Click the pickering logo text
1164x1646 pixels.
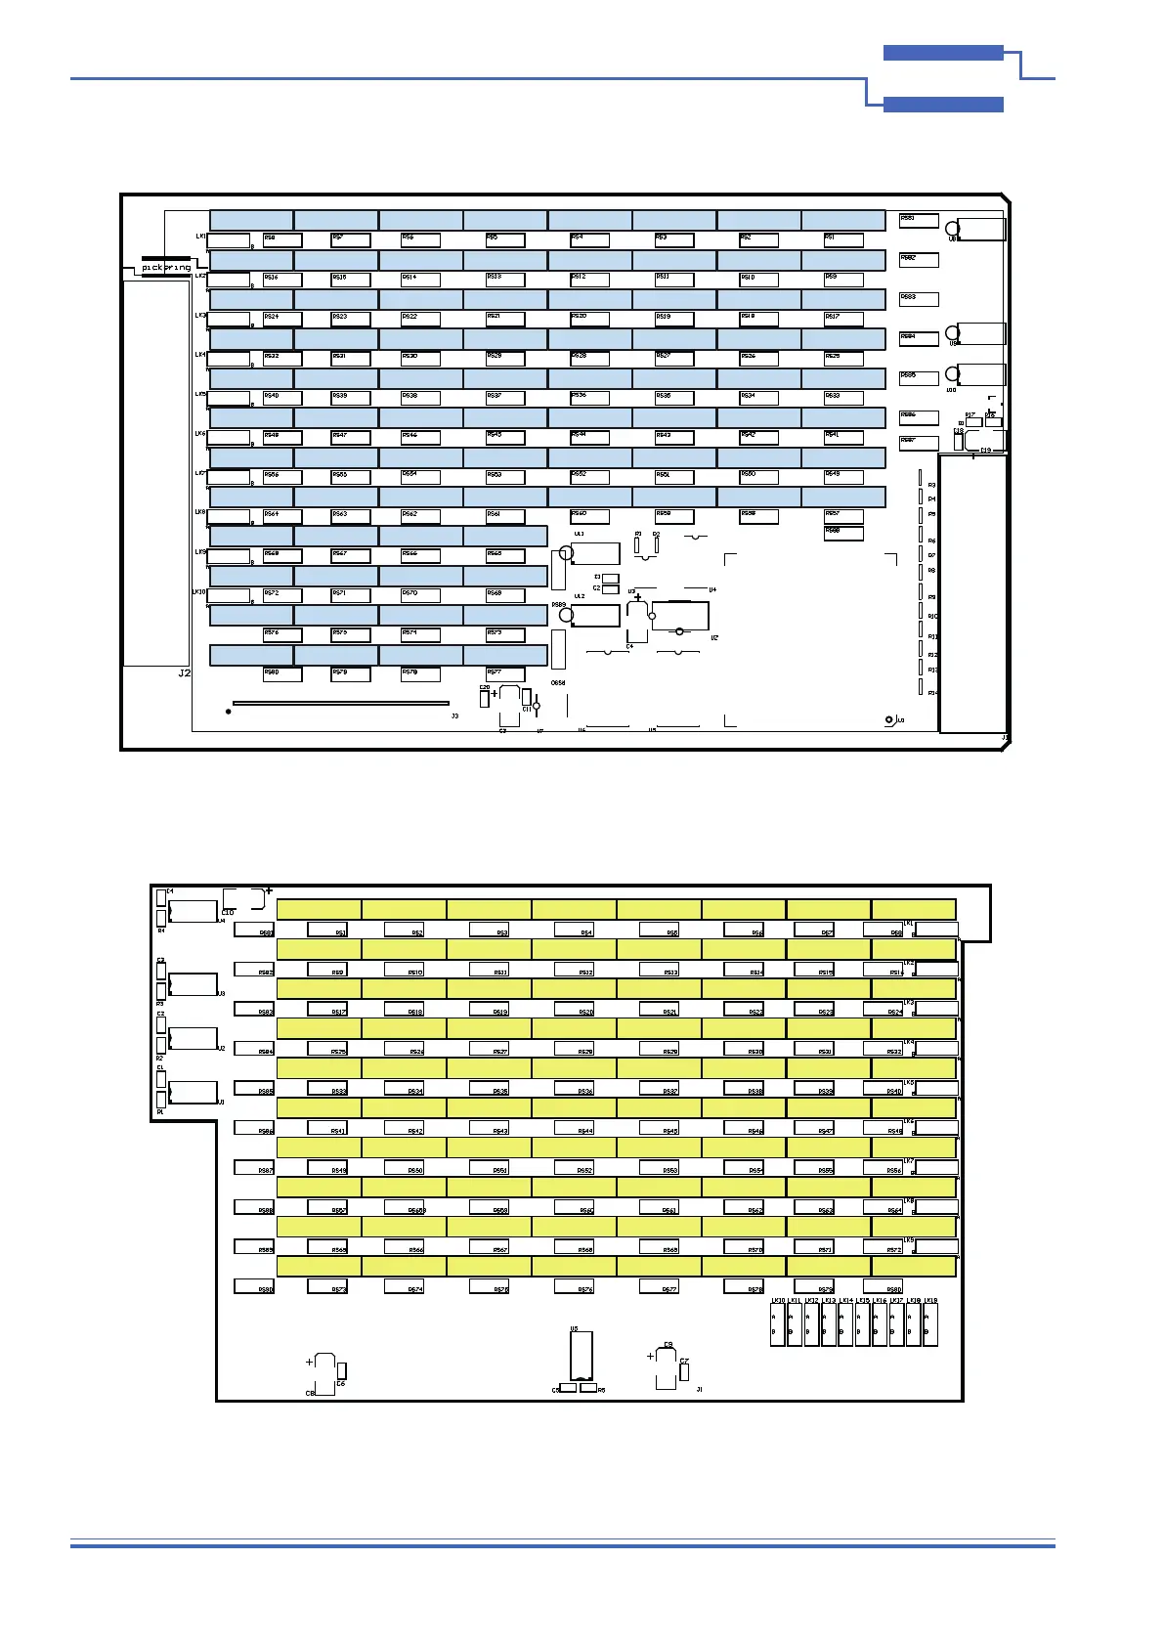tap(166, 267)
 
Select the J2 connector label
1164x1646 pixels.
tap(185, 673)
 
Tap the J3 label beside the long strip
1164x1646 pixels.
tap(454, 716)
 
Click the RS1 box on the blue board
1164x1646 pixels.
tap(842, 239)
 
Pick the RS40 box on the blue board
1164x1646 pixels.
tap(281, 398)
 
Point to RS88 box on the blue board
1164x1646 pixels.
tap(842, 533)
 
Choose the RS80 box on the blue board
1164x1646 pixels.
tap(281, 673)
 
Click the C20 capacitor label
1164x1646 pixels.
tap(484, 688)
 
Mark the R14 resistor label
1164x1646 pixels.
tap(932, 693)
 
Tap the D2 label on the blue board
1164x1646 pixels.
tap(657, 535)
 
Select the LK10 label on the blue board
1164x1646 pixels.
tap(198, 591)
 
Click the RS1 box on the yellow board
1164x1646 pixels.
tap(327, 931)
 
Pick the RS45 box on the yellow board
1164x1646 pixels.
tap(659, 1129)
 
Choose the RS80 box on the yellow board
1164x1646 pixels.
tap(883, 1287)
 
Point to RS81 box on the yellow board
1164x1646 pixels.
tap(253, 931)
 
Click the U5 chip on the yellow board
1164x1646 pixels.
tap(582, 1357)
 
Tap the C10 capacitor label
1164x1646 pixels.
tap(228, 913)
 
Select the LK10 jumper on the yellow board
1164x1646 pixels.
tap(778, 1323)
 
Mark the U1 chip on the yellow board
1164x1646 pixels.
tap(193, 1092)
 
